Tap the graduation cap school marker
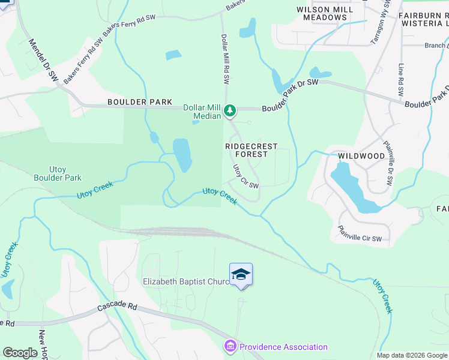pos(241,274)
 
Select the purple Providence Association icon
pos(231,347)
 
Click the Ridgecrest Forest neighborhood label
pos(246,150)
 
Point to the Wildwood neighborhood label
pos(361,156)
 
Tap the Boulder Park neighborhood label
pos(140,103)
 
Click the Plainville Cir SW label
pos(360,233)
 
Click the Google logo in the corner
pos(20,353)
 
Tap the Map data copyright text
pos(411,355)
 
